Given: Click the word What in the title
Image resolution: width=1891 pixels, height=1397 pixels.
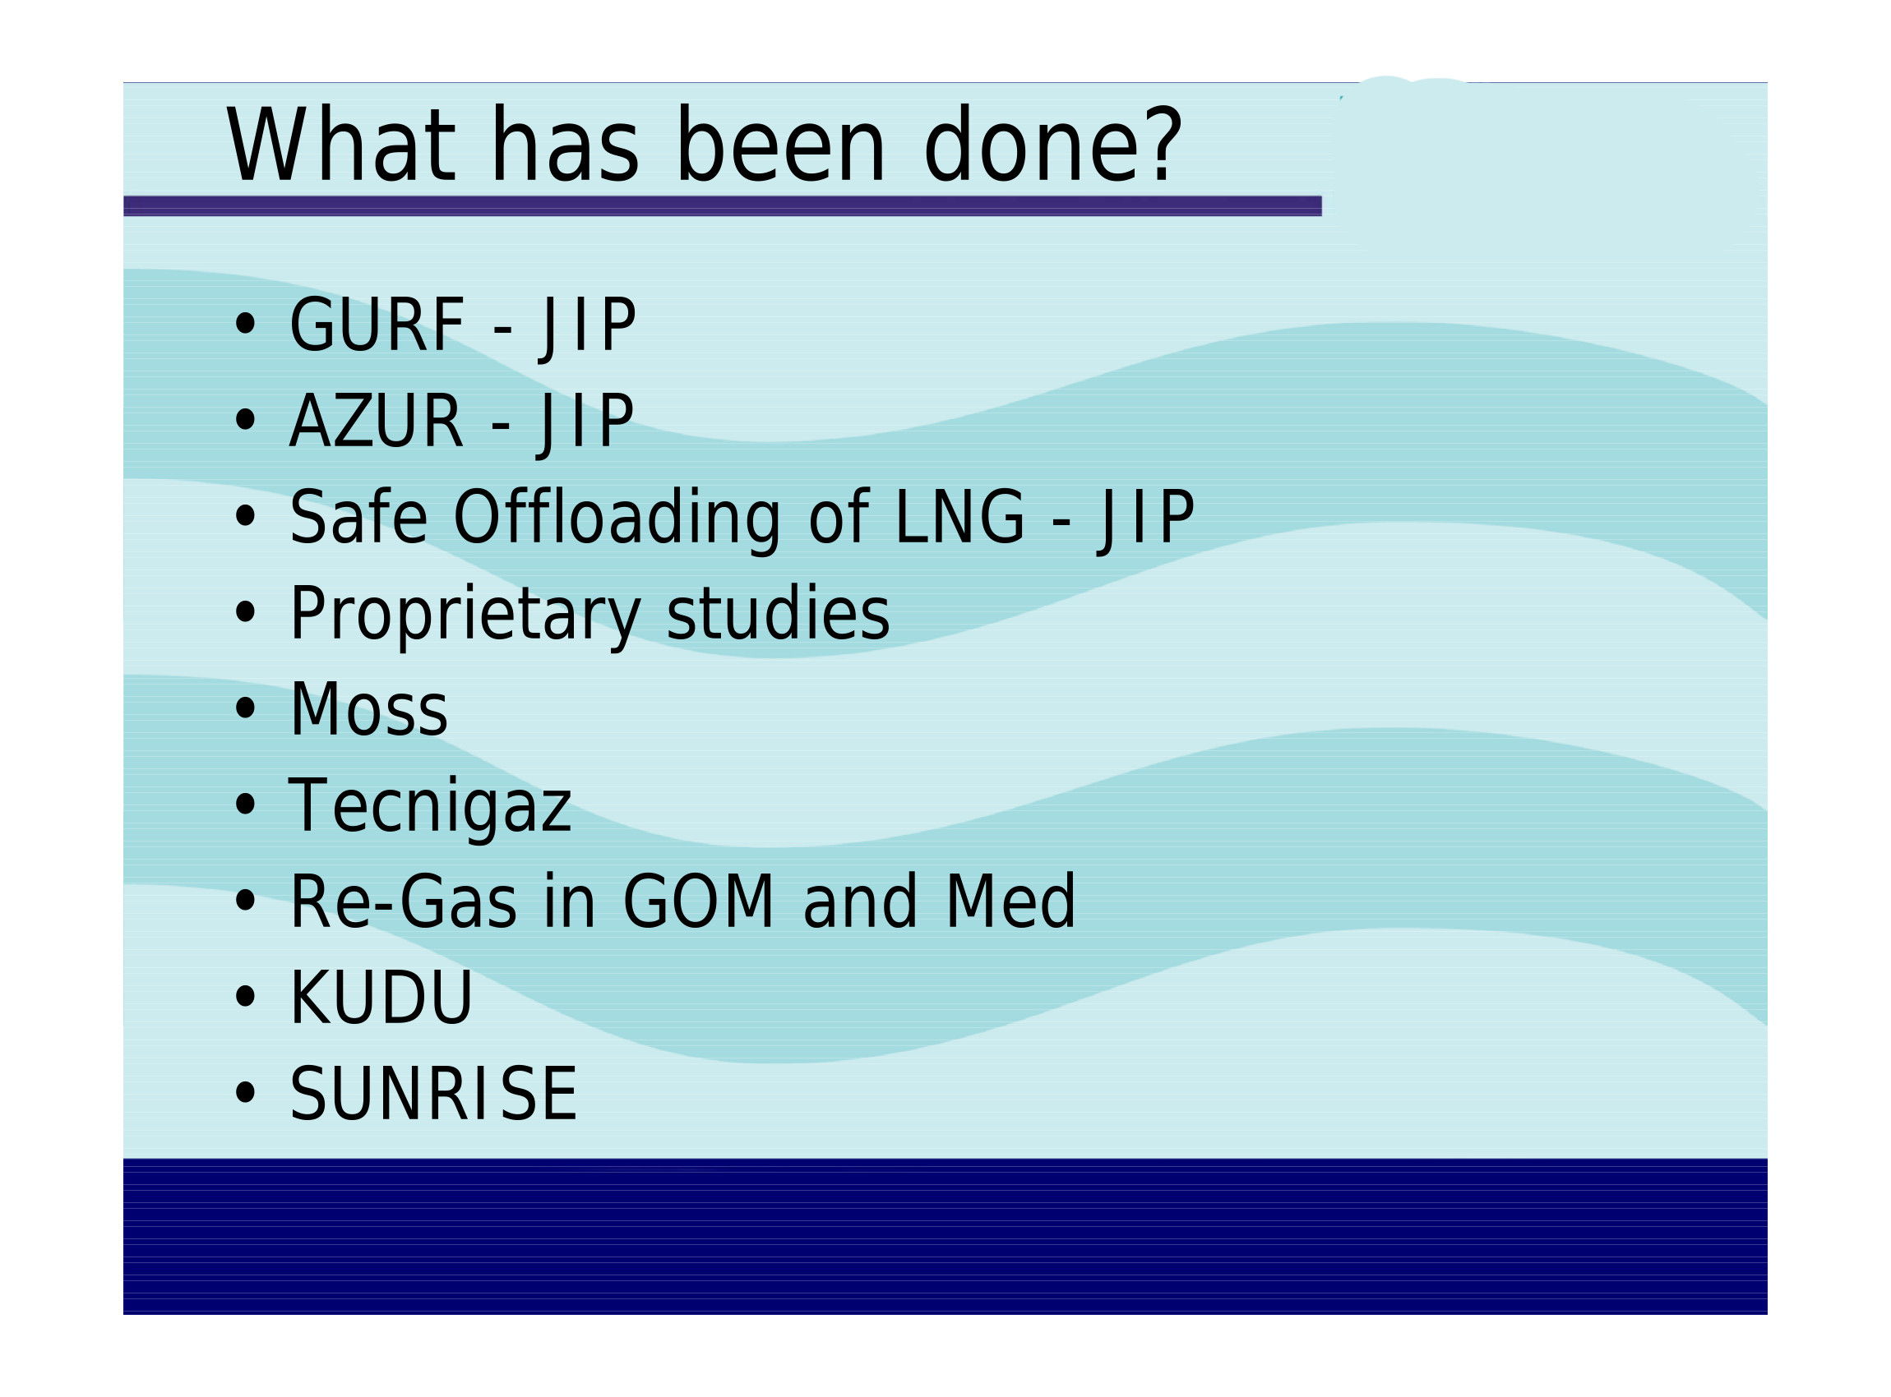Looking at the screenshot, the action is pos(341,145).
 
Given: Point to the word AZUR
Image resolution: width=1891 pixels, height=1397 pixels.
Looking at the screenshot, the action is pos(377,421).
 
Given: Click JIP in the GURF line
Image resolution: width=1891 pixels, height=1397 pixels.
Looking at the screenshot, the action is pos(587,328).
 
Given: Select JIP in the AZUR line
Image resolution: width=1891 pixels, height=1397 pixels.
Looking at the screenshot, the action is pos(585,425).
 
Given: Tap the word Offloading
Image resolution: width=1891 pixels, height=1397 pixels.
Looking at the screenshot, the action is pos(617,519).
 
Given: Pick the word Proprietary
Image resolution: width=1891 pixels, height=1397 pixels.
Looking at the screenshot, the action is pos(465,615).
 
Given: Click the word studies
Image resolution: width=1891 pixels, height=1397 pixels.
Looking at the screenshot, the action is pos(778,613).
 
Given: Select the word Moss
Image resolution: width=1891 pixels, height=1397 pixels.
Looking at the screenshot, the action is pos(368,710).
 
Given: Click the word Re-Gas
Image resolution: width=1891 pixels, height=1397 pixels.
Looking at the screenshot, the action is pos(403,903).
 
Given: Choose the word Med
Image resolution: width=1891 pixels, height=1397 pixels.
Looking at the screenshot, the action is pos(1010,902).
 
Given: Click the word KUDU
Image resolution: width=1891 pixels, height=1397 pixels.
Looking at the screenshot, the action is pos(381,998).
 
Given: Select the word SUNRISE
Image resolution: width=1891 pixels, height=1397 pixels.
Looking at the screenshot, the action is pos(433,1095).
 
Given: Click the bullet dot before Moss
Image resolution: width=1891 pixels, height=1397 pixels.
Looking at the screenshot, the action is pos(245,708).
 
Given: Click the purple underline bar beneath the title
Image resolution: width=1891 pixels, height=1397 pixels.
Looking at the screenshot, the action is pos(722,206).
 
